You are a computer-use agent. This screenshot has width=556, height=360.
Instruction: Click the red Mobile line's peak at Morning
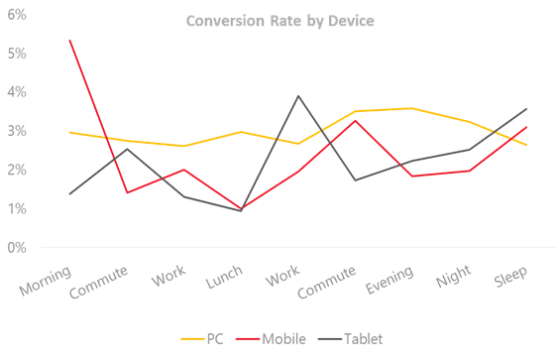[70, 41]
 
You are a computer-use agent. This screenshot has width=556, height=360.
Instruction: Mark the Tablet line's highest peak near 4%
[298, 96]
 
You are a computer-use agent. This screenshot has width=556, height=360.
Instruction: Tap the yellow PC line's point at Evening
[411, 108]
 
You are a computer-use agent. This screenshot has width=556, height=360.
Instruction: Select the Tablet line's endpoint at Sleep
[526, 109]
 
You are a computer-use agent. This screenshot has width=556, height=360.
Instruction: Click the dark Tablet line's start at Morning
[70, 193]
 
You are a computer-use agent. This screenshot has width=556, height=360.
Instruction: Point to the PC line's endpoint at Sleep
[526, 145]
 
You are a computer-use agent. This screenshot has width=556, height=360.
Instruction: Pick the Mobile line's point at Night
[469, 171]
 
